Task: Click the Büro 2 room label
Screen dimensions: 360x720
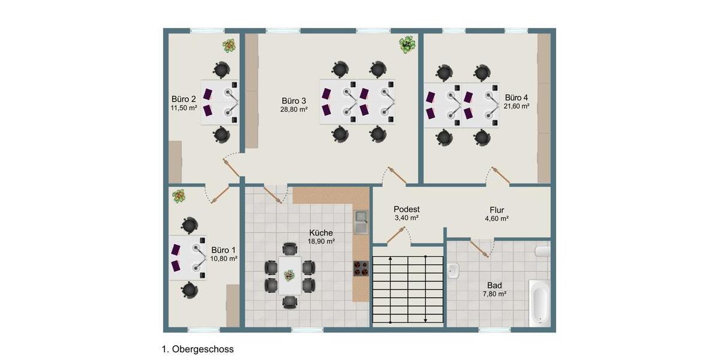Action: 184,99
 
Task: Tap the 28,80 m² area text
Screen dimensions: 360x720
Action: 294,110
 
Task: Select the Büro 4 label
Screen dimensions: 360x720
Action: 517,97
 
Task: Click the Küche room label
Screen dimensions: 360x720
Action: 321,233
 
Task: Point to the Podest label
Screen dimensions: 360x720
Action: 406,209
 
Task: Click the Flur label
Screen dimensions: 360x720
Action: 497,210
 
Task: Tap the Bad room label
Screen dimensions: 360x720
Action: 494,286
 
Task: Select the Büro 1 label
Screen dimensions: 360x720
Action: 223,250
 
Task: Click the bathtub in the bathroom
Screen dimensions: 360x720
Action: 539,303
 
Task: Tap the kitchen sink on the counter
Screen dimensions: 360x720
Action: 361,221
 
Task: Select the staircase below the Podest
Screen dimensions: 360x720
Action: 408,289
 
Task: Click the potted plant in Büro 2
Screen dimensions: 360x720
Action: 229,45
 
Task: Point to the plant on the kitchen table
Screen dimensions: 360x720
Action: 290,275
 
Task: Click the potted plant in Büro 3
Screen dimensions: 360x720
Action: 408,44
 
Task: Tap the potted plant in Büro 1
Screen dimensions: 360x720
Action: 179,196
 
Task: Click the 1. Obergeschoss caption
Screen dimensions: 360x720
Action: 197,349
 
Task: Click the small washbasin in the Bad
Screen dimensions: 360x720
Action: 454,271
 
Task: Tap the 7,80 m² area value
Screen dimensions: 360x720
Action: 494,294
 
